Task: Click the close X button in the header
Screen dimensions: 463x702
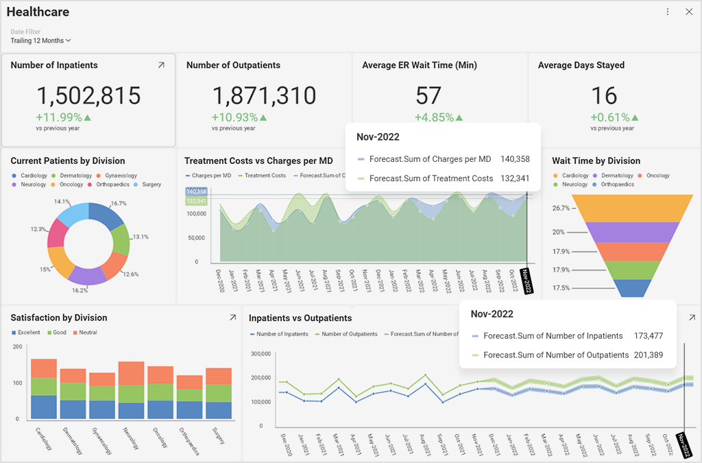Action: coord(689,12)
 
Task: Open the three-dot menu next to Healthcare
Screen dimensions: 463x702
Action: coord(668,12)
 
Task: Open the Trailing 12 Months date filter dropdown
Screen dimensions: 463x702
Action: coord(41,40)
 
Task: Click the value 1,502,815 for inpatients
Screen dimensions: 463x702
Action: coord(88,95)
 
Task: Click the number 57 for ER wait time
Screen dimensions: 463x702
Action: coord(428,95)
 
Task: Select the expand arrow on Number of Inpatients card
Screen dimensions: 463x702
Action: coord(161,65)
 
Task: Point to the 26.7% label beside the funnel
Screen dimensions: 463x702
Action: coord(561,208)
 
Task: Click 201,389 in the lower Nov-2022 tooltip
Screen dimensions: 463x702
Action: coord(649,355)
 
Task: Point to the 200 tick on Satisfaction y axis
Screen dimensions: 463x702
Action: coord(18,347)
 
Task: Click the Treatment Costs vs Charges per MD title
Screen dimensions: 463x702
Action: coord(258,161)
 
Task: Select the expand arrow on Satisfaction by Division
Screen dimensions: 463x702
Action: coord(232,318)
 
